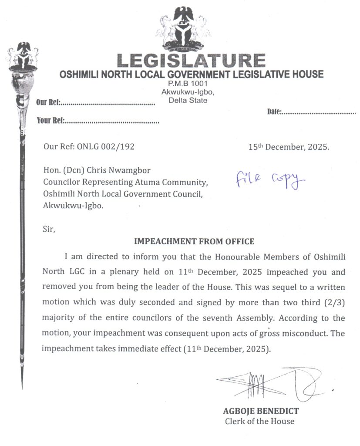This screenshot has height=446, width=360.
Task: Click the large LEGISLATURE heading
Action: tap(191, 61)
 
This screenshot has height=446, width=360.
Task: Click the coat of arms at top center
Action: tap(183, 28)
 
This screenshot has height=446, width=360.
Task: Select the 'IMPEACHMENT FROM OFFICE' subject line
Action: tap(194, 241)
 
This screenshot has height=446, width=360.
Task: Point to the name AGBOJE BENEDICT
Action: tap(261, 411)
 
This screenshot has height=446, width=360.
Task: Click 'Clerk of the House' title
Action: tap(259, 421)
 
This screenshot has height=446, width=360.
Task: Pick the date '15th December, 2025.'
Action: tap(289, 147)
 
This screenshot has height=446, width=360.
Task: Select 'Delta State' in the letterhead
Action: tap(188, 101)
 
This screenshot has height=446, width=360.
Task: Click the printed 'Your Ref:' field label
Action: tap(51, 121)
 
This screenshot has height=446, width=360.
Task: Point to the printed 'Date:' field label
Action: tap(274, 112)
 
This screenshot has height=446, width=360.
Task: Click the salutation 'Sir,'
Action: tap(49, 229)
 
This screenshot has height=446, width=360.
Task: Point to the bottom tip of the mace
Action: tap(22, 386)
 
